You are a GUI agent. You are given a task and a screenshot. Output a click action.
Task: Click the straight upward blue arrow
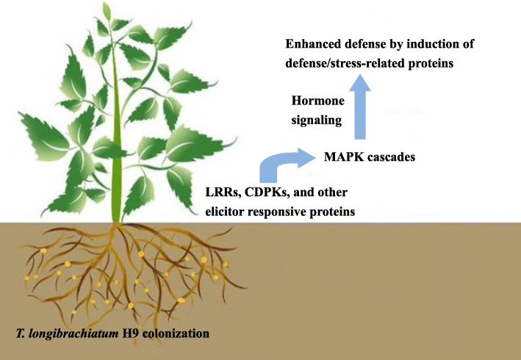(x=360, y=107)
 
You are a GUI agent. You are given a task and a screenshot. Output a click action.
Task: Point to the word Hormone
(x=318, y=101)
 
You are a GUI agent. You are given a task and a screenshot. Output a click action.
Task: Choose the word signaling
(x=316, y=120)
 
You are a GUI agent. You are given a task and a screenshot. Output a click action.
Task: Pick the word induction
(x=431, y=44)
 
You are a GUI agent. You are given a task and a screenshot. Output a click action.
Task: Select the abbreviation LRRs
(x=223, y=192)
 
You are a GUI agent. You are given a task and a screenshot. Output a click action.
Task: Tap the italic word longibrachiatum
(x=73, y=334)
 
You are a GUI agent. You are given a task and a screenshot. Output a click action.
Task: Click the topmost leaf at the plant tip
(x=107, y=11)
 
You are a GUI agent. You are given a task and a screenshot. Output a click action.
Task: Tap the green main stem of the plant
(x=115, y=133)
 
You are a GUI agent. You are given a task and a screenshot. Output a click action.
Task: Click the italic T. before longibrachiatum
(x=21, y=334)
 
